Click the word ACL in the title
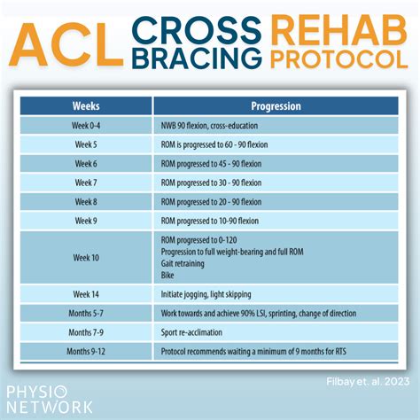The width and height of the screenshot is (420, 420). click(66, 44)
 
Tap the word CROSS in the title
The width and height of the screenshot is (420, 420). click(197, 30)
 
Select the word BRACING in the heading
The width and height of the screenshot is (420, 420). click(197, 58)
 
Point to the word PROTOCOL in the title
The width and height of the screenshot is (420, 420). click(339, 59)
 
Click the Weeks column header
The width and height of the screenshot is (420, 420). click(86, 106)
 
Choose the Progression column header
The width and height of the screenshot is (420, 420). click(276, 106)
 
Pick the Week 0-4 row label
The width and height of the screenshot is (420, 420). click(86, 126)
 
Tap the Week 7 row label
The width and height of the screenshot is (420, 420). click(86, 183)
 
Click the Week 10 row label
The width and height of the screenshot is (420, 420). click(86, 258)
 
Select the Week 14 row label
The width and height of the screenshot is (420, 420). click(86, 294)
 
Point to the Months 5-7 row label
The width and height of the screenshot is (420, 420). click(86, 313)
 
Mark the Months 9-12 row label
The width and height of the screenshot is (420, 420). click(86, 351)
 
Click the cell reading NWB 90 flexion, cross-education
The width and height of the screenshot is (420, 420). click(209, 126)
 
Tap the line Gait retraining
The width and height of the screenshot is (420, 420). click(183, 263)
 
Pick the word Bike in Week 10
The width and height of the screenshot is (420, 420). click(167, 276)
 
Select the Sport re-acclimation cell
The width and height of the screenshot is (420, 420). click(191, 332)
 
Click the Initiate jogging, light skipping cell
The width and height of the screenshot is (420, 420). click(206, 294)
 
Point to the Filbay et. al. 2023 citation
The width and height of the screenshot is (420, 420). click(368, 382)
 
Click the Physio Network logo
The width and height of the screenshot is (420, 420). click(50, 400)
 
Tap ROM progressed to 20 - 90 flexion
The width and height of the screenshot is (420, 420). click(211, 202)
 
